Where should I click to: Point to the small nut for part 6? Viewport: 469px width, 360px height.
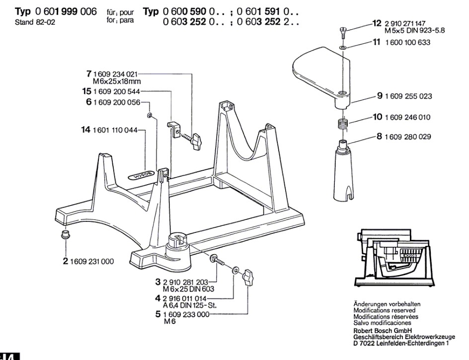click(149, 116)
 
